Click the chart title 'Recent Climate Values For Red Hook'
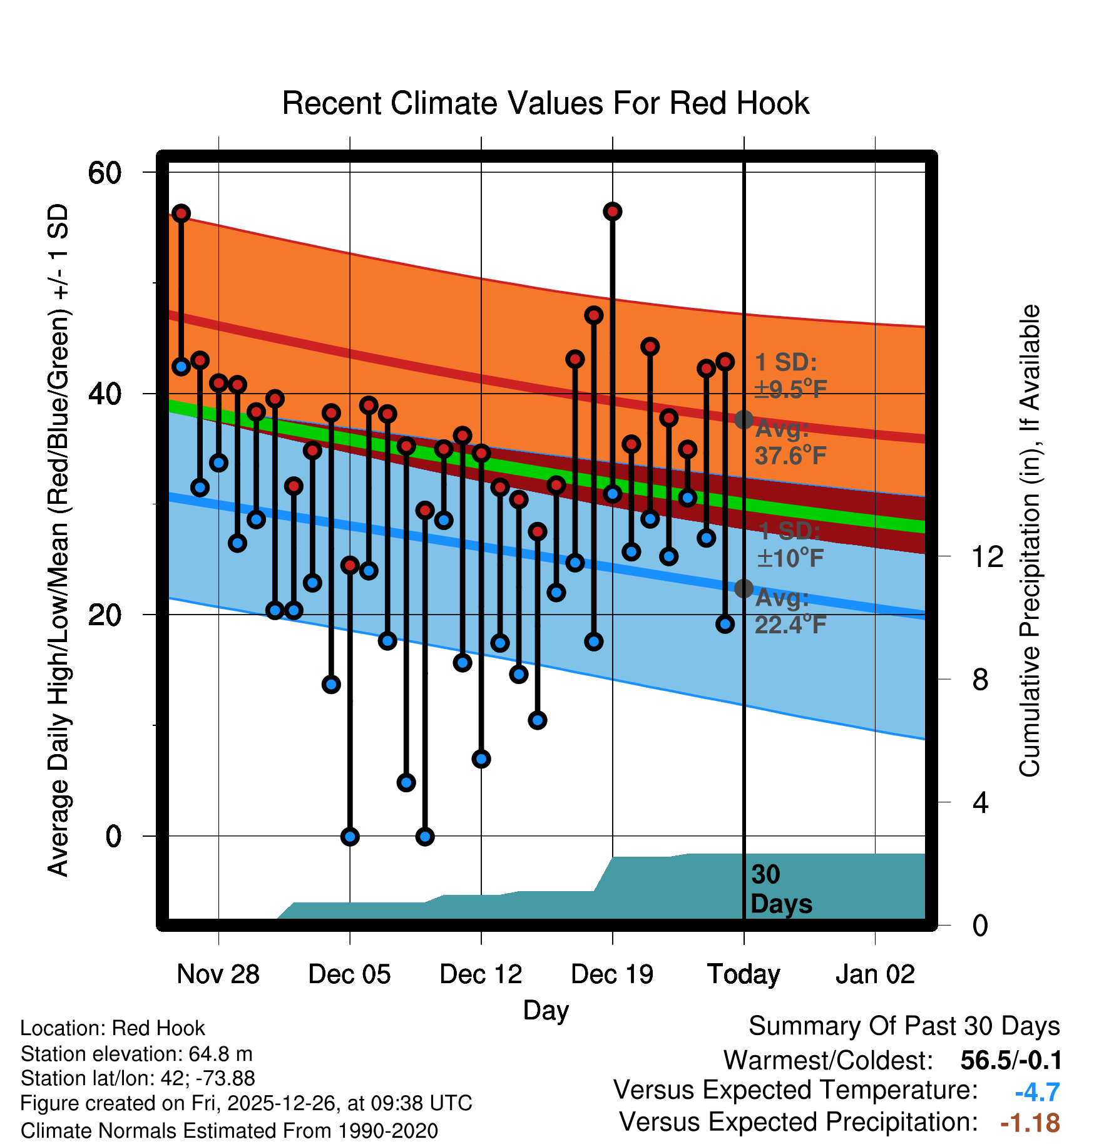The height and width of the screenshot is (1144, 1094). (546, 103)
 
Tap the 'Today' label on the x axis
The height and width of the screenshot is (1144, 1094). (744, 974)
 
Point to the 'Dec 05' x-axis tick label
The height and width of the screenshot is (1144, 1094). (349, 974)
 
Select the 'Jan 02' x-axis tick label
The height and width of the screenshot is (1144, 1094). (875, 974)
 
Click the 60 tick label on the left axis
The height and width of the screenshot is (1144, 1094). (105, 173)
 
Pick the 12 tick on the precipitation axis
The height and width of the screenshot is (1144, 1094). (988, 556)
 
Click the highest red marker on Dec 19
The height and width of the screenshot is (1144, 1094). (612, 212)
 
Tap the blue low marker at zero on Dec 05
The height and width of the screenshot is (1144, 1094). (350, 837)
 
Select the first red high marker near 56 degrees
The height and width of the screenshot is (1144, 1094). (181, 213)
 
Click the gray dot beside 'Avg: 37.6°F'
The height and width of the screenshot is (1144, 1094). (744, 419)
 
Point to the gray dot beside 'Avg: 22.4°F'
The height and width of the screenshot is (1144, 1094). (744, 588)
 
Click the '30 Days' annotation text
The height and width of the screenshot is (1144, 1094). (781, 889)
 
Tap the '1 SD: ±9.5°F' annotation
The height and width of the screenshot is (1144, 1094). (790, 375)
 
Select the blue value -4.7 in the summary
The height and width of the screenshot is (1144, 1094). (1037, 1093)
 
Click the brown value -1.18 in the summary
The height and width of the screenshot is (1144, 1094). (1030, 1123)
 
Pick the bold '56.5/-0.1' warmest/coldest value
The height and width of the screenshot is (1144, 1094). (1011, 1060)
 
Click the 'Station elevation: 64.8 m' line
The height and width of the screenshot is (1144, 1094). (136, 1054)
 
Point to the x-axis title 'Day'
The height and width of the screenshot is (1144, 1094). (546, 1011)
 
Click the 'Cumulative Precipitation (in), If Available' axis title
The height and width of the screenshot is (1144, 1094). (1030, 541)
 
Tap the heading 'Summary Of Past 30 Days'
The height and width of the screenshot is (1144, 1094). (904, 1026)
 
